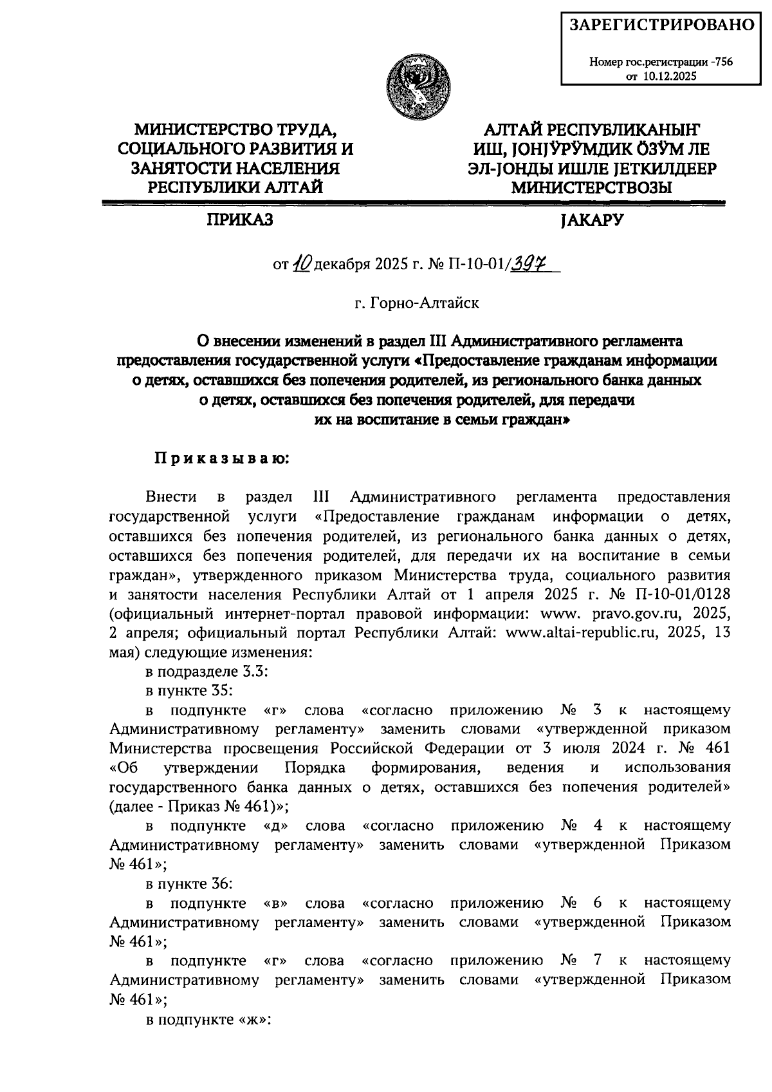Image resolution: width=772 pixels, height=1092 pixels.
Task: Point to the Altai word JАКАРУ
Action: (592, 221)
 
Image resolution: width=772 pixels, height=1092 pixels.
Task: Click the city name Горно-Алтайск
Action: (425, 303)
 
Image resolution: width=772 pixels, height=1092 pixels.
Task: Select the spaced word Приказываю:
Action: (222, 458)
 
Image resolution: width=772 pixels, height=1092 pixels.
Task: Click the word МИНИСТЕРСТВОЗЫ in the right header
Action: (591, 187)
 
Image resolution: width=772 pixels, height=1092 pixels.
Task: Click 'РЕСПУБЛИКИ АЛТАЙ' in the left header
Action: (235, 187)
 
